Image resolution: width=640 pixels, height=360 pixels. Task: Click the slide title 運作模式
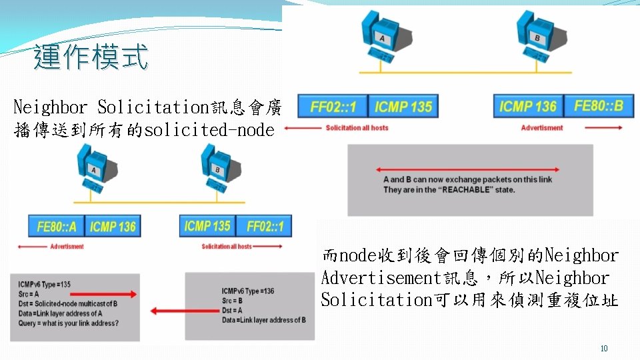coord(91,57)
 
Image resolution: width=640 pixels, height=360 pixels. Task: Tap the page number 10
coord(604,349)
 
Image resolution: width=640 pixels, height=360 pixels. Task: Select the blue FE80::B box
coord(598,106)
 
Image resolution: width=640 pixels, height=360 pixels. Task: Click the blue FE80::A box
coord(57,227)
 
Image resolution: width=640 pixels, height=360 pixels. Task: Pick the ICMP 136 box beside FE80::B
coord(527,106)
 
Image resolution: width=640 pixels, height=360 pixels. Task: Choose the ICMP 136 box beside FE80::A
coord(113,227)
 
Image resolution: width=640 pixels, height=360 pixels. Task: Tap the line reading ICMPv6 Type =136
coord(248,291)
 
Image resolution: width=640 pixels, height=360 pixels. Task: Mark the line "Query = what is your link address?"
coord(69,323)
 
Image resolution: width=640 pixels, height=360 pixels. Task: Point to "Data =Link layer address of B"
coord(264,320)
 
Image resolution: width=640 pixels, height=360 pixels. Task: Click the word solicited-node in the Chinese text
coord(209,130)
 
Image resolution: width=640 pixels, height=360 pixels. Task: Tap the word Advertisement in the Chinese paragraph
coord(377,277)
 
